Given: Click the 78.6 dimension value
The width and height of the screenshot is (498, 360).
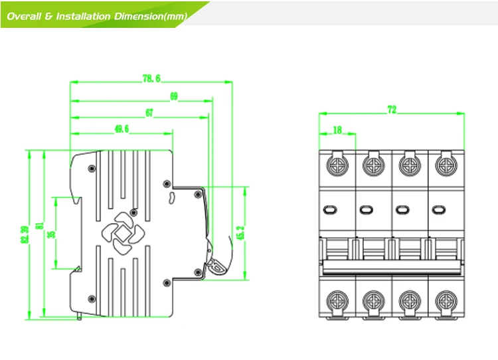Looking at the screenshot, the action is (151, 78).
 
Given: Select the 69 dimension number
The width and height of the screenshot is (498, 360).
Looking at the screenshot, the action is (174, 96).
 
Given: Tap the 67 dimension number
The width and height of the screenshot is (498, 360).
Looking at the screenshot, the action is (149, 113).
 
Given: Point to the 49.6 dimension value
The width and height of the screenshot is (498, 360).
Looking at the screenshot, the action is (122, 129).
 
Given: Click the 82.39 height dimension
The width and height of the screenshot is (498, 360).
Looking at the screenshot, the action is (25, 234).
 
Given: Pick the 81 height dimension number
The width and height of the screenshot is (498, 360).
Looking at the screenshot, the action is (39, 226).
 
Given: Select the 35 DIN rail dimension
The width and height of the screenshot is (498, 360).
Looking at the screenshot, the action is (51, 234).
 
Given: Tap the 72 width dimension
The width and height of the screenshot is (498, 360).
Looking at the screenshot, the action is (392, 110).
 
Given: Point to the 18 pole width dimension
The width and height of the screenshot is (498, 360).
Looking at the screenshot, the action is (337, 130).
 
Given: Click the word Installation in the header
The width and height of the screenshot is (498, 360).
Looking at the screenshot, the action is (83, 16).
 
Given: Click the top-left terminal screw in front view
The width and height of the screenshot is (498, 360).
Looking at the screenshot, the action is (337, 165).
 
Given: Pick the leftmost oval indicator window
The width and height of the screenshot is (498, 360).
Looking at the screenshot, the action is (330, 210).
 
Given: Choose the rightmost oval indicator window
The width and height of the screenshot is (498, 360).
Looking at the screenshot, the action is (439, 210).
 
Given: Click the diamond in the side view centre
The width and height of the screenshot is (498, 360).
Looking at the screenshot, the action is (121, 234).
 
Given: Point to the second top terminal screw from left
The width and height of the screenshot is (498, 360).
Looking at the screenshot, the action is (373, 165).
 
